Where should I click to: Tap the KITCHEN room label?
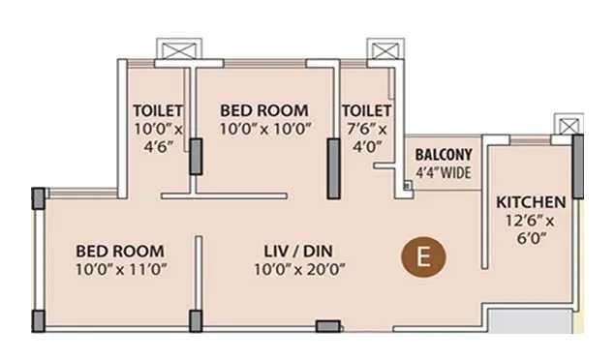(x=530, y=202)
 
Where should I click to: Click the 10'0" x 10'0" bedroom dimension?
(x=263, y=127)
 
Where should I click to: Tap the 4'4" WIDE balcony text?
(x=443, y=172)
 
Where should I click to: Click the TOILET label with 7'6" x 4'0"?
(x=367, y=109)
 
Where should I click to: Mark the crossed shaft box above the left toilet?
(x=174, y=50)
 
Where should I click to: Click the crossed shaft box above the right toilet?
(x=378, y=50)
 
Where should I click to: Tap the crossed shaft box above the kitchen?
(x=566, y=125)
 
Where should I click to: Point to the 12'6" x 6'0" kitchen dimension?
(x=531, y=229)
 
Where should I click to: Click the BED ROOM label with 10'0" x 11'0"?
(x=120, y=251)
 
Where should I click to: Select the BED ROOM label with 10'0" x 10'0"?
(x=263, y=109)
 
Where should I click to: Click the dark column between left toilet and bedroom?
(x=196, y=157)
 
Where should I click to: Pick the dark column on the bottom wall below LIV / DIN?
(x=328, y=326)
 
